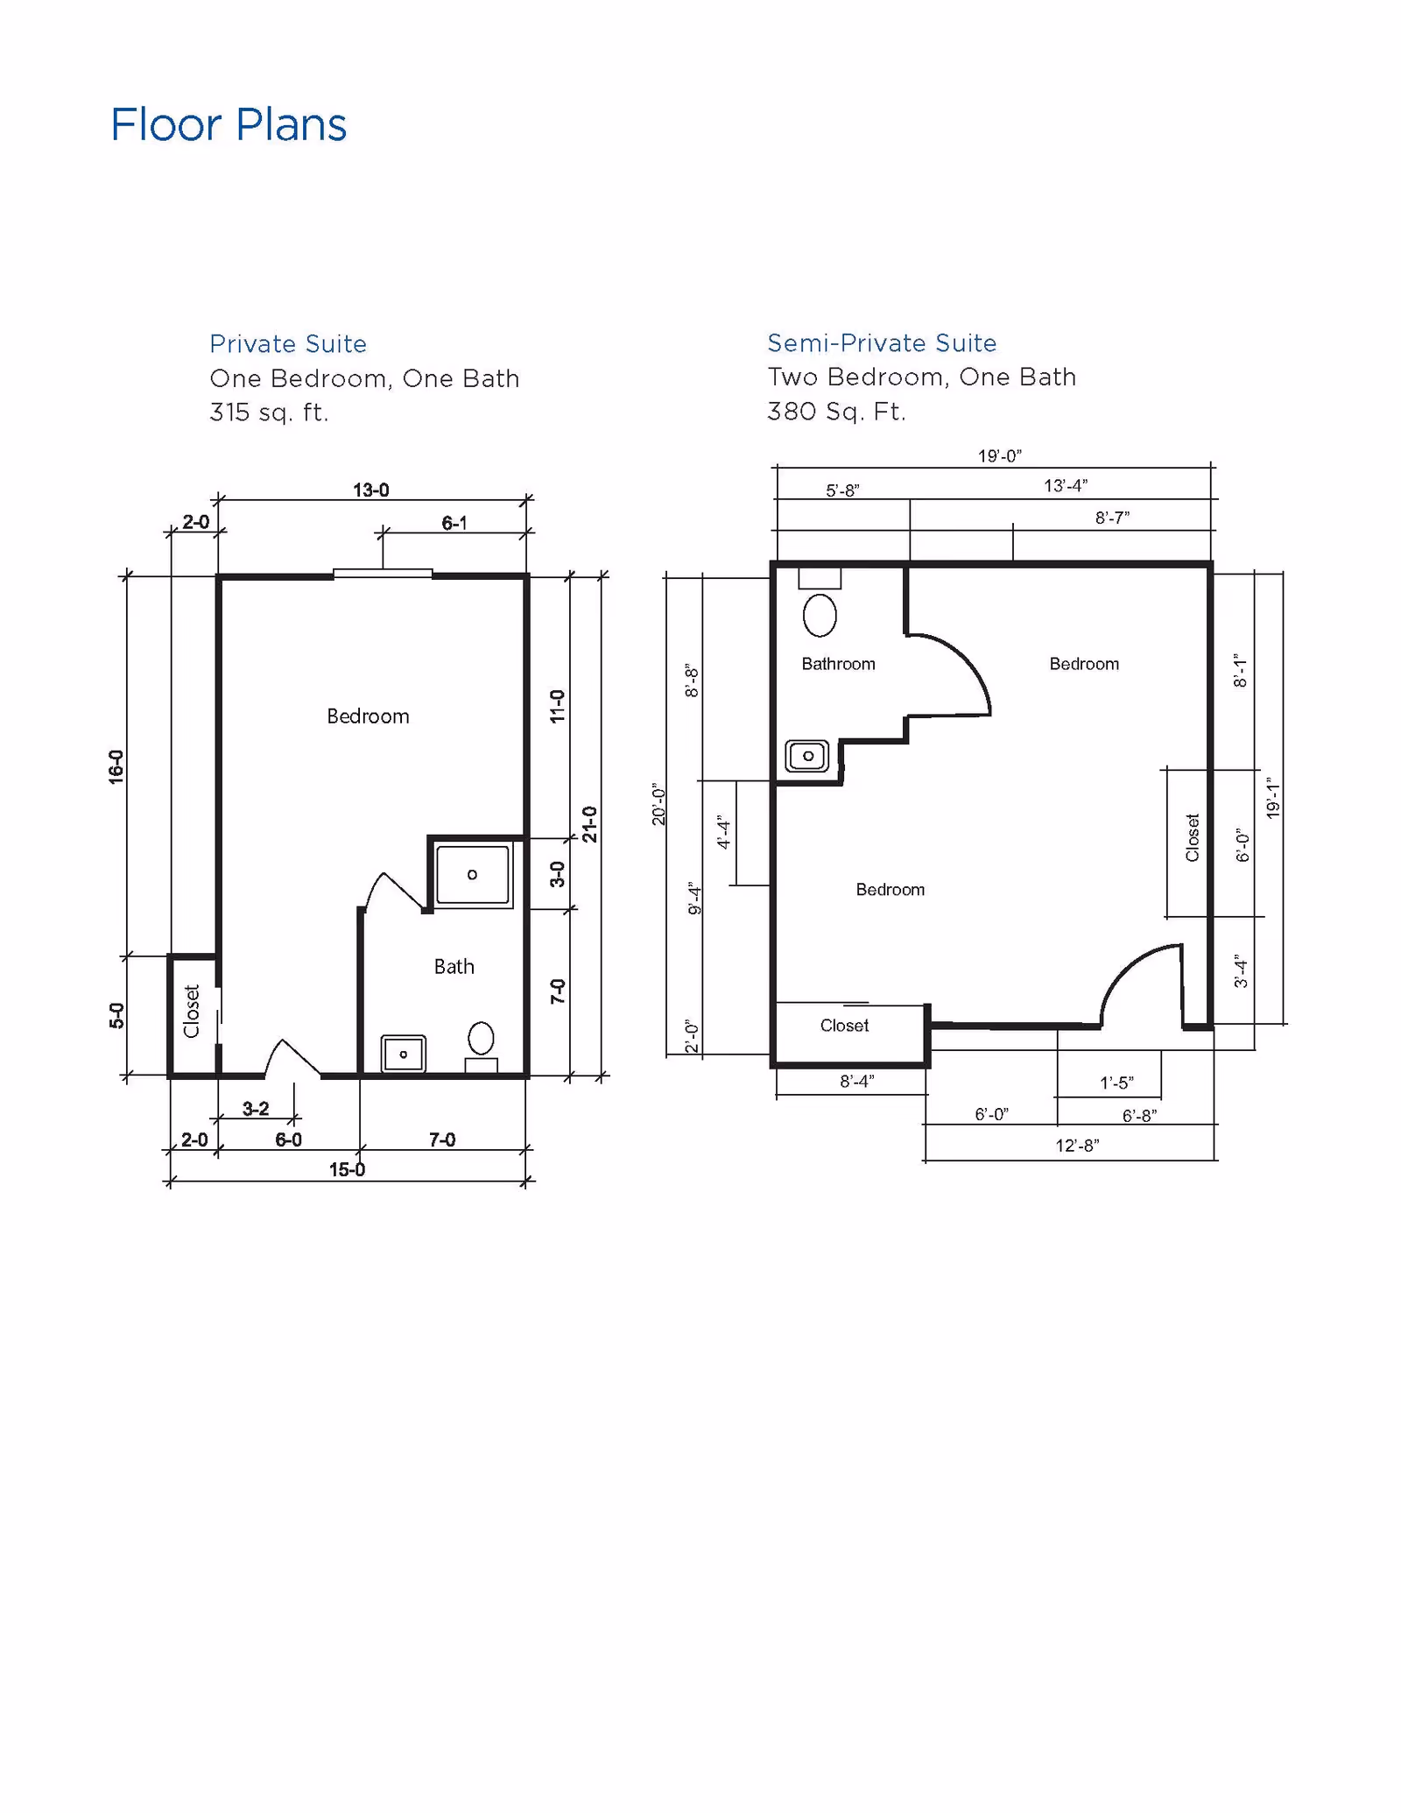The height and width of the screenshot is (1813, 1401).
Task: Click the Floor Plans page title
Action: [229, 124]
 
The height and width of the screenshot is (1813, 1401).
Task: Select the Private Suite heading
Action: [287, 343]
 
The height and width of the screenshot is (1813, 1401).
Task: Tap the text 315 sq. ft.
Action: [269, 412]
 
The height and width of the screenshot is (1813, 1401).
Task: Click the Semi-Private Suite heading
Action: [882, 342]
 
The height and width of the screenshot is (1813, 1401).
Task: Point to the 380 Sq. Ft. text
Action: [836, 411]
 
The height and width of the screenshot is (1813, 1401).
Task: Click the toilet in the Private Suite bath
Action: [481, 1040]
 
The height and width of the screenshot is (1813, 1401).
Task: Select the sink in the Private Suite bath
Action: [404, 1054]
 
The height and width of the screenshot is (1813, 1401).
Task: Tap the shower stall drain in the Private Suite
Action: [473, 874]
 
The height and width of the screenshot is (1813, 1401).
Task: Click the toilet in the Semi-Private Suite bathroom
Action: [820, 614]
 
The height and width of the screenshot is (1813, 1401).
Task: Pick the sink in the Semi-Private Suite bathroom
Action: [807, 755]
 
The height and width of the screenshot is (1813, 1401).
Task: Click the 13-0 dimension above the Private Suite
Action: [370, 490]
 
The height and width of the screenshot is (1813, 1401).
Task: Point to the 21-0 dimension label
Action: [589, 824]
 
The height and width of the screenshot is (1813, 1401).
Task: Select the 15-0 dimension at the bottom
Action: [347, 1170]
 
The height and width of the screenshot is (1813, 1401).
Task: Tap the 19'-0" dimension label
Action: [999, 456]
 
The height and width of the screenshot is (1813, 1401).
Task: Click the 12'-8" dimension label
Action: [1077, 1146]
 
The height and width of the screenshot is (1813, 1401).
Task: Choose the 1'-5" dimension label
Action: [1116, 1083]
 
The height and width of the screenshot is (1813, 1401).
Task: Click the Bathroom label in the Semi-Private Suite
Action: [838, 664]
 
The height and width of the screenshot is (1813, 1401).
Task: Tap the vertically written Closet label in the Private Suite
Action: [192, 1012]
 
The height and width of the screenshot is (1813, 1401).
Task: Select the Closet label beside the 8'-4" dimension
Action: [844, 1026]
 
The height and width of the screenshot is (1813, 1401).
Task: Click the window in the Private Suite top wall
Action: [383, 574]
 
